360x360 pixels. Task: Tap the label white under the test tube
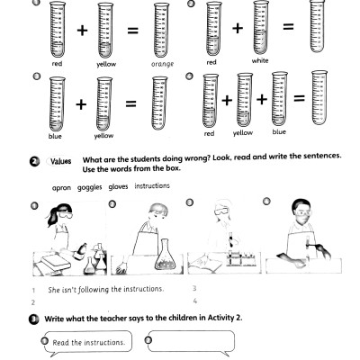(261, 62)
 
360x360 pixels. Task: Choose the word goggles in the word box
(90, 186)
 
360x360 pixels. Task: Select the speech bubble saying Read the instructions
(87, 342)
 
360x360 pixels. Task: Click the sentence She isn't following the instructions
(105, 289)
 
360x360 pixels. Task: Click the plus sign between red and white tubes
(238, 29)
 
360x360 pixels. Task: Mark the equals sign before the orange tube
(132, 30)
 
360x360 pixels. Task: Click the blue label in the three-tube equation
(279, 132)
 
